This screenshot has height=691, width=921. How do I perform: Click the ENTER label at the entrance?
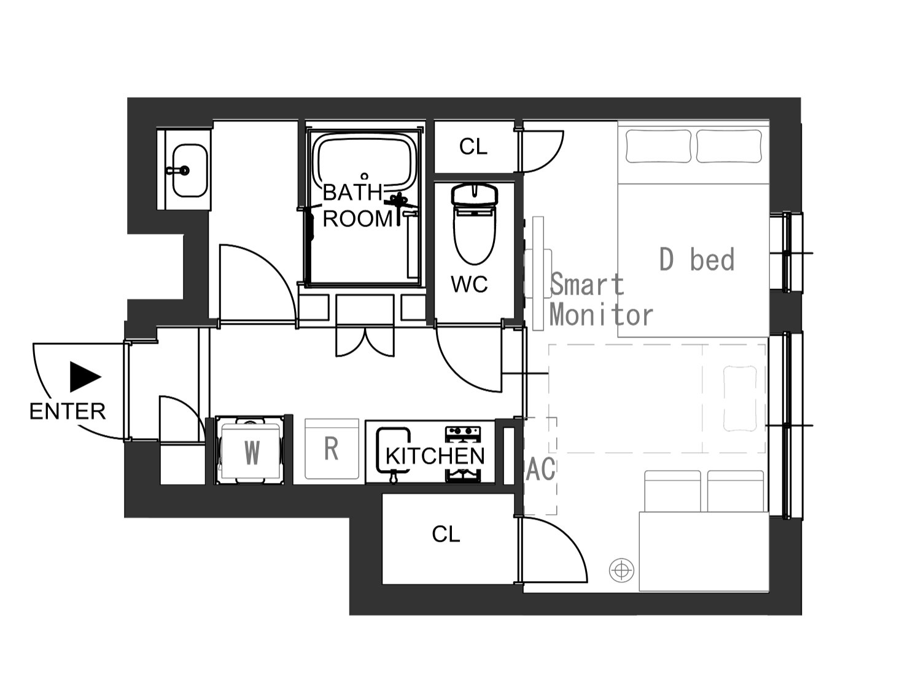click(68, 411)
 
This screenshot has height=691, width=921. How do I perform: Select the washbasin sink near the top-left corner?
click(190, 171)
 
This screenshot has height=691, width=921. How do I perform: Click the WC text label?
click(469, 284)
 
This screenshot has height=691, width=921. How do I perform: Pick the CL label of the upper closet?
click(473, 147)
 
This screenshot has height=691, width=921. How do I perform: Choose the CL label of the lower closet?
click(446, 534)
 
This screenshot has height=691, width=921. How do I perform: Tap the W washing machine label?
click(252, 453)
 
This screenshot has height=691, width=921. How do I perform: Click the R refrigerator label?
click(332, 449)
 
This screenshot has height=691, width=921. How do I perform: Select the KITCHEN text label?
click(435, 456)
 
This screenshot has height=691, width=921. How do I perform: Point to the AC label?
click(540, 469)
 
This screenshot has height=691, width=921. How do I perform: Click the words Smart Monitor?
click(601, 300)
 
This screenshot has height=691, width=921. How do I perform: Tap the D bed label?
click(697, 259)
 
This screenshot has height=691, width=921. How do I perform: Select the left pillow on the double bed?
click(658, 146)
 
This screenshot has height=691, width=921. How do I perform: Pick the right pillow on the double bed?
click(729, 146)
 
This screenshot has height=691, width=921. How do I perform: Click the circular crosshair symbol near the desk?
click(621, 570)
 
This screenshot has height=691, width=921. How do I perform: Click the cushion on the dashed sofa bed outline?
click(740, 399)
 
